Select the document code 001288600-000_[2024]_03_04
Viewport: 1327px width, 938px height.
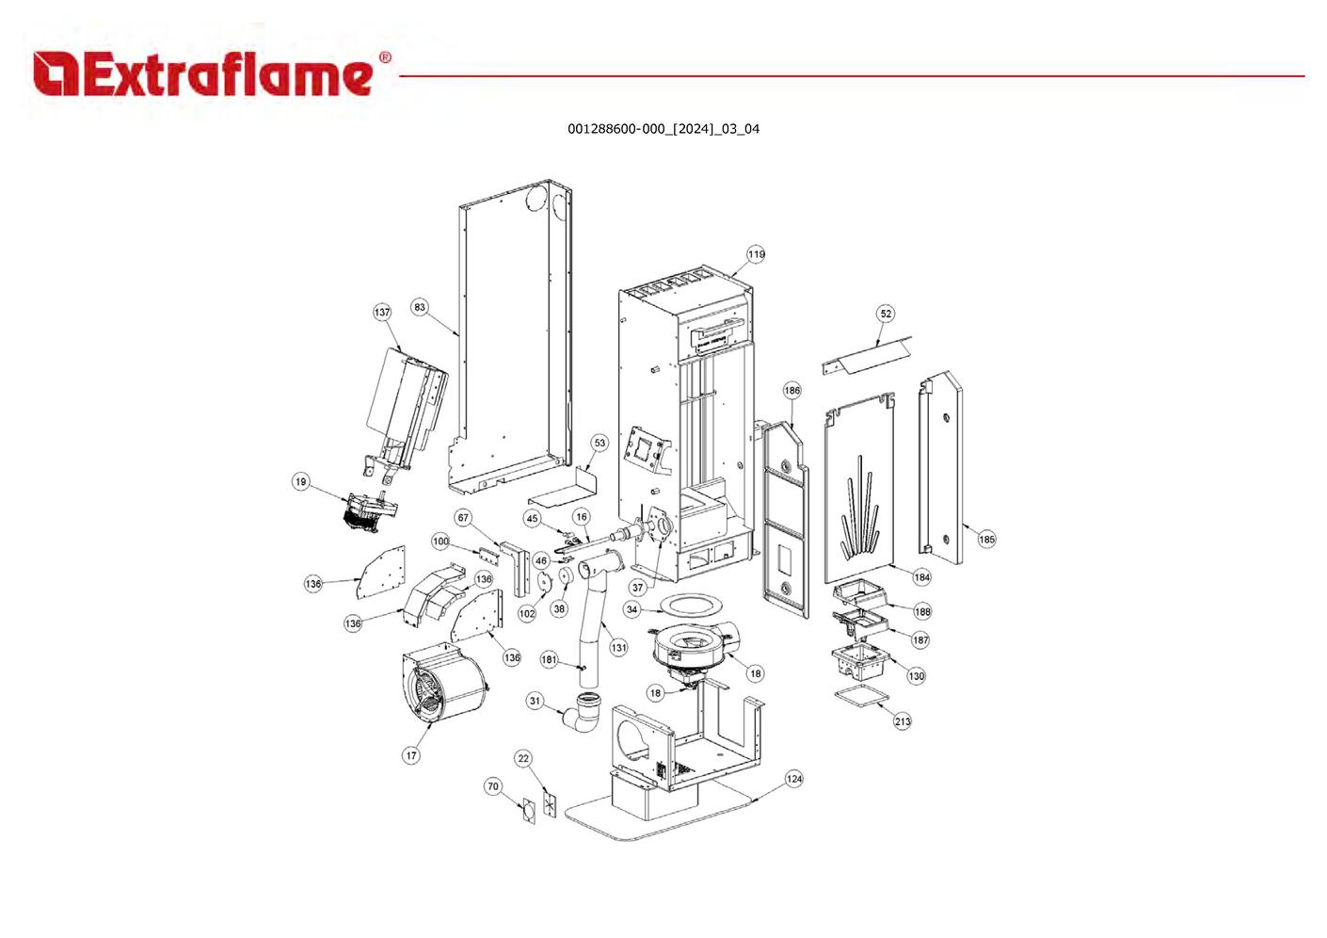pos(663,129)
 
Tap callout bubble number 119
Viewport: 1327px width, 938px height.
pos(757,254)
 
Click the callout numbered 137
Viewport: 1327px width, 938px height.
pos(382,313)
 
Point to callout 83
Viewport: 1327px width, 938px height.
pos(420,307)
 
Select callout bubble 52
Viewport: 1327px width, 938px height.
pos(886,314)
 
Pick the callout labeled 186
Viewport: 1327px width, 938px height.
pos(792,390)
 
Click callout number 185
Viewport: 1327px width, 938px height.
pos(986,540)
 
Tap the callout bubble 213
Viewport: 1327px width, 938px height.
pos(903,721)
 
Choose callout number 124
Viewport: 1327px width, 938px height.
pos(794,779)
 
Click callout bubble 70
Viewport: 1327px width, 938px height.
pos(493,786)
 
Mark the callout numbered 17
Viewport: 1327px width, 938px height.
pos(411,755)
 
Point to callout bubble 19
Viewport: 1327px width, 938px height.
pos(300,482)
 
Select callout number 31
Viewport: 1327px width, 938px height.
pos(535,701)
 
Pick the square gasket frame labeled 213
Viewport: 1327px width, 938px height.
pos(861,698)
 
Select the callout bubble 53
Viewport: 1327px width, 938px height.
pos(600,443)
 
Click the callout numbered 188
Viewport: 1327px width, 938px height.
pos(922,611)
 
